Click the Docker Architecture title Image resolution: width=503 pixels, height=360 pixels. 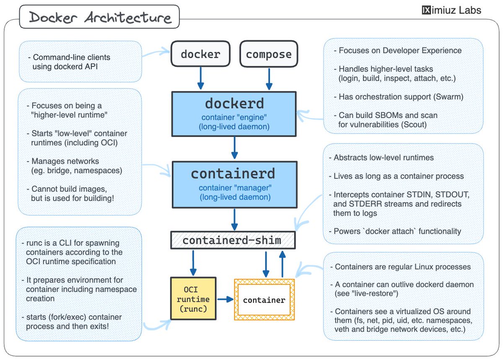pyautogui.click(x=100, y=18)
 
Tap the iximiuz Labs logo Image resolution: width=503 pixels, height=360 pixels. pyautogui.click(x=451, y=10)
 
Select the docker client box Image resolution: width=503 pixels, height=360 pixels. pyautogui.click(x=200, y=54)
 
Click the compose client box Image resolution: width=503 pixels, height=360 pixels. pyautogui.click(x=269, y=54)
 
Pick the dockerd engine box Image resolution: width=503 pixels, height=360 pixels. pyautogui.click(x=234, y=113)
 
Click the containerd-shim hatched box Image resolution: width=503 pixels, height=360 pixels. pyautogui.click(x=233, y=240)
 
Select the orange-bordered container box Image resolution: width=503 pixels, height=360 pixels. pyautogui.click(x=264, y=300)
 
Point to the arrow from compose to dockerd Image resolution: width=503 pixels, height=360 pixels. pyautogui.click(x=269, y=78)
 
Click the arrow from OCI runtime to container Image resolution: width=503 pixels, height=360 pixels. pyautogui.click(x=225, y=299)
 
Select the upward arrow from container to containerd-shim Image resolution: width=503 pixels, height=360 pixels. pyautogui.click(x=283, y=264)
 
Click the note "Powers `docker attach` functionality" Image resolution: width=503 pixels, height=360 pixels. pyautogui.click(x=397, y=231)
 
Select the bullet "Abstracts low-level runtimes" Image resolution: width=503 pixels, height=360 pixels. pyautogui.click(x=384, y=158)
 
